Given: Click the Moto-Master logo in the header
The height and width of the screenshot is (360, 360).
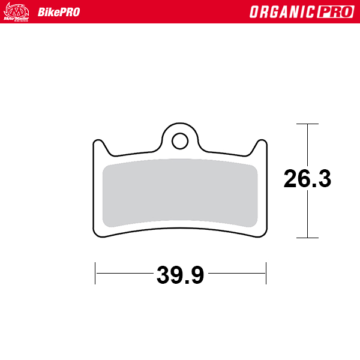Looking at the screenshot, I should (16, 11).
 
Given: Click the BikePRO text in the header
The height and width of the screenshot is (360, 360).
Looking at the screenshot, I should (58, 12).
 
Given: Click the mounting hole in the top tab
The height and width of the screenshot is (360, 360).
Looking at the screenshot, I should (179, 141).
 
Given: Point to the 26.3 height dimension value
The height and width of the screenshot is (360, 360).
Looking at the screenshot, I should (307, 179).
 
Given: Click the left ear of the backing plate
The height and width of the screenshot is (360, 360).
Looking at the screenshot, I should (100, 147).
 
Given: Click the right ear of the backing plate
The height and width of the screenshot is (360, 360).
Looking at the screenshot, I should (260, 147).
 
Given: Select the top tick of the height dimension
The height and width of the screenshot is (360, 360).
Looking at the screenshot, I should (307, 124).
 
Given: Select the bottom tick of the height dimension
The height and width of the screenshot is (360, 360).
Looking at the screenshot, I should (307, 238).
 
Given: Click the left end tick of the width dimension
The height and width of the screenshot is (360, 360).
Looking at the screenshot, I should (95, 273).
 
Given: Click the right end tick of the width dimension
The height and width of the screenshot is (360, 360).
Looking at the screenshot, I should (265, 273).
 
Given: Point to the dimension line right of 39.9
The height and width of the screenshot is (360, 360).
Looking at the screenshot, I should (236, 273).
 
